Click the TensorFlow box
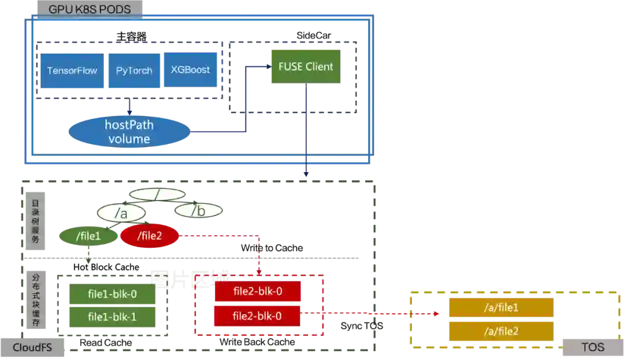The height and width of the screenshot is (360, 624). point(72,70)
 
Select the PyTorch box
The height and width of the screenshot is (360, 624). point(134,70)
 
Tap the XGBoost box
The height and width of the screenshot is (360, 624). point(190,69)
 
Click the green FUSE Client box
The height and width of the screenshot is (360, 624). point(306,66)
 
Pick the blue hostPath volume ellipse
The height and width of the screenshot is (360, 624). point(129,132)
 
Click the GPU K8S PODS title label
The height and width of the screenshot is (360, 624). point(90,9)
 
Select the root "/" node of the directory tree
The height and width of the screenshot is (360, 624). point(157,194)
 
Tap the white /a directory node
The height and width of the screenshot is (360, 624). point(121,213)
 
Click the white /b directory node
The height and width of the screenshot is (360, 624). point(199,211)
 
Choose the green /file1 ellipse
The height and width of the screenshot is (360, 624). point(88,236)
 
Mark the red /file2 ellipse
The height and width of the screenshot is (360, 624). point(149,236)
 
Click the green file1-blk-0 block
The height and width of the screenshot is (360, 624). point(112,294)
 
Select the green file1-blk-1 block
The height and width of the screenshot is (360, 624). point(112,317)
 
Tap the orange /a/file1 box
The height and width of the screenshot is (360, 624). point(501,307)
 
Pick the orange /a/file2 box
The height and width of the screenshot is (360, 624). point(501,331)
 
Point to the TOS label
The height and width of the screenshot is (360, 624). point(592,347)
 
